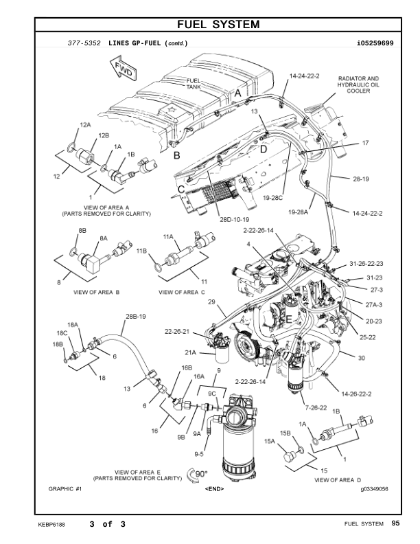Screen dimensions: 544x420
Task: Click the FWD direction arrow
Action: [x=124, y=69]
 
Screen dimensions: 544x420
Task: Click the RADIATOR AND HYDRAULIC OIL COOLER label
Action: [x=358, y=84]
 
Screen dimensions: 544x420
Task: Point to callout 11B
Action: [x=142, y=251]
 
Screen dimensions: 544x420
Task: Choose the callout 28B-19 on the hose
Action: [x=136, y=317]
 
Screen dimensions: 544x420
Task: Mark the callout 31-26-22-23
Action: [x=366, y=264]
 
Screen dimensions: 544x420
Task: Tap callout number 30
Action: [x=361, y=357]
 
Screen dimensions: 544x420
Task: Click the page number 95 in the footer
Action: [x=395, y=525]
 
